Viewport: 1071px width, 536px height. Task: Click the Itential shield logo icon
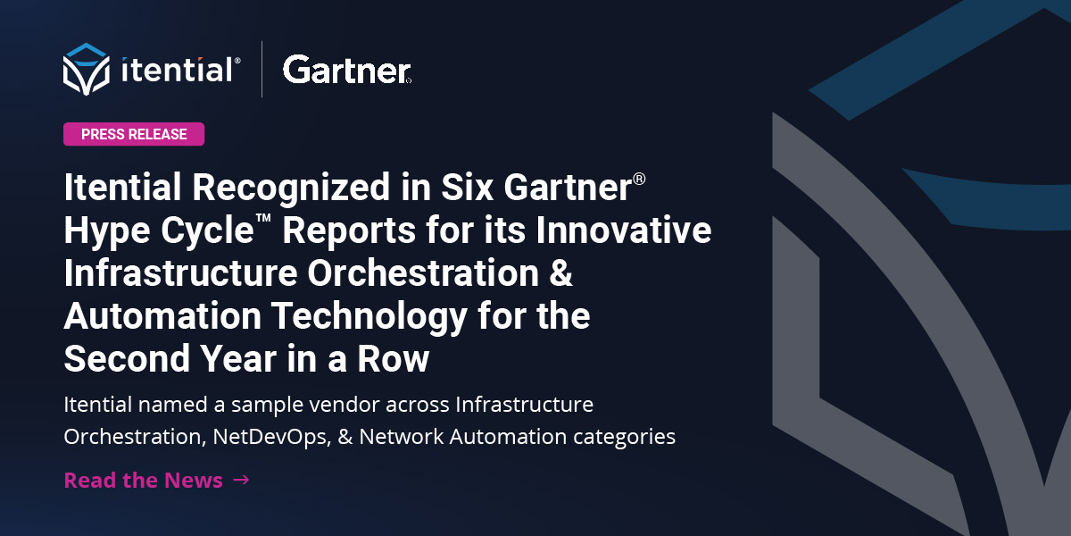point(86,67)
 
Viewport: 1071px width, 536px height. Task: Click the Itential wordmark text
point(179,69)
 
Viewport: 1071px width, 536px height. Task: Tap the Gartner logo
point(346,69)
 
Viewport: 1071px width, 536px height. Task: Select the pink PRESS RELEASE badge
point(134,134)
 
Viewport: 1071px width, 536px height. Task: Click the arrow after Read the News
point(240,480)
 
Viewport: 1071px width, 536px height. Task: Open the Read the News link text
point(143,480)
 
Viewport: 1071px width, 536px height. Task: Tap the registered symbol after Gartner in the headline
point(639,180)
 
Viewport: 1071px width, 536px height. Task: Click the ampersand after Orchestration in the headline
point(559,274)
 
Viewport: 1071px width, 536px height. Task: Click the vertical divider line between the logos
point(262,69)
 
